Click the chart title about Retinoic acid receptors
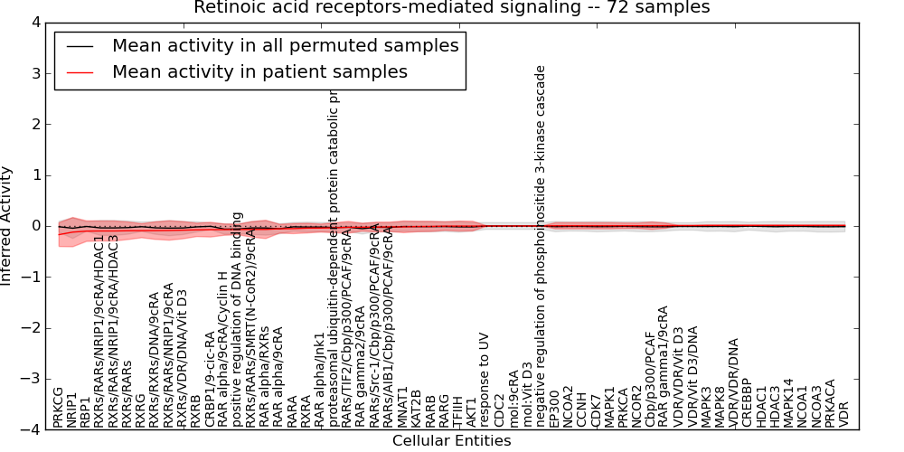452,8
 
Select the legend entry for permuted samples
285,46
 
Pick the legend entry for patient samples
259,72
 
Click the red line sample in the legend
80,72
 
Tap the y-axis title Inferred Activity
7,226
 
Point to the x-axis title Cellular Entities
451,441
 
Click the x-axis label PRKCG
59,406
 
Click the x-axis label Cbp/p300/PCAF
650,379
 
